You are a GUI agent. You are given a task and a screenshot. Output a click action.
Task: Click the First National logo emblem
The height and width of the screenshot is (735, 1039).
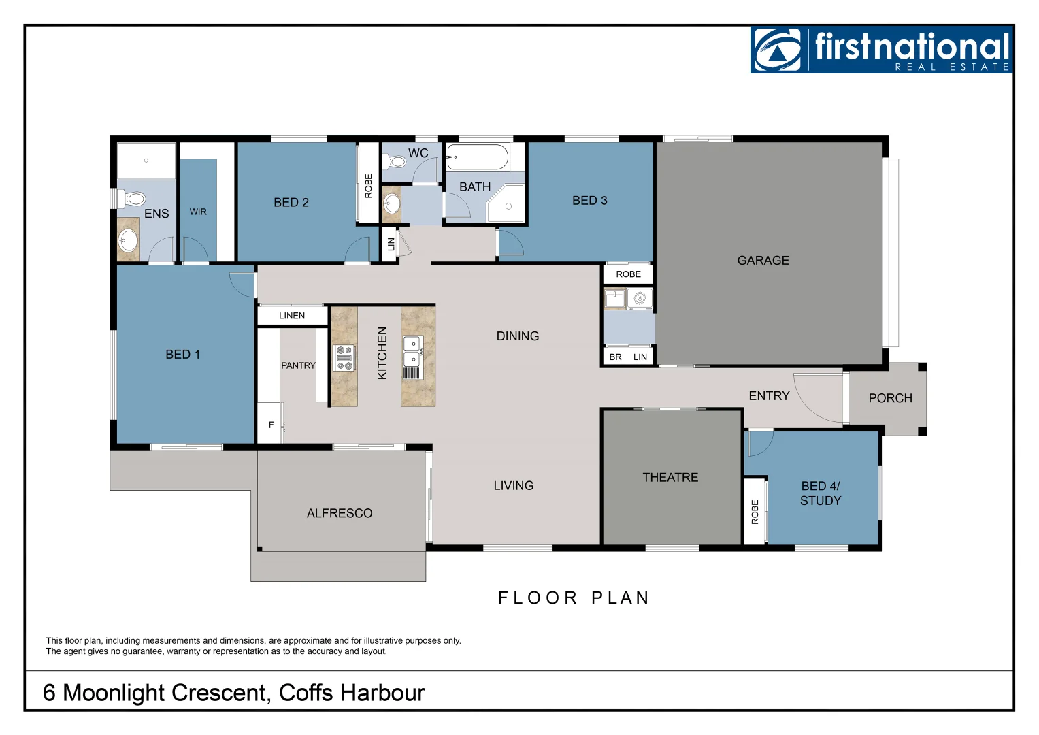778,50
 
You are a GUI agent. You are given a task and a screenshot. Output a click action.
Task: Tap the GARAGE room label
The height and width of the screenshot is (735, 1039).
763,261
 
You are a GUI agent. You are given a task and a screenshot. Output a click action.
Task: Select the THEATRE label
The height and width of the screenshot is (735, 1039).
670,478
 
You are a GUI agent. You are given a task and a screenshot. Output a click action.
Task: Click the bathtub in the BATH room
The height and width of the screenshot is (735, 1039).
478,157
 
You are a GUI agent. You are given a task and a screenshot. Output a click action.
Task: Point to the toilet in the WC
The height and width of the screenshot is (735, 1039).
396,162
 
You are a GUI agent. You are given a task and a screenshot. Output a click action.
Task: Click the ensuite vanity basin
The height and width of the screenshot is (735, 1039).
127,240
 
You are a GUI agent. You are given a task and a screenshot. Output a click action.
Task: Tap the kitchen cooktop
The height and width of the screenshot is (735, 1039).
344,357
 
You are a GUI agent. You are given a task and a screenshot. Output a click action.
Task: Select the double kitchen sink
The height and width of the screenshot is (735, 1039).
412,351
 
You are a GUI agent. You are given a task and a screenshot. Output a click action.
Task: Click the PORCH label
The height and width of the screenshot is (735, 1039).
890,398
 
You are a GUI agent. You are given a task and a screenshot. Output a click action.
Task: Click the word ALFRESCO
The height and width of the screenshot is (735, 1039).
340,514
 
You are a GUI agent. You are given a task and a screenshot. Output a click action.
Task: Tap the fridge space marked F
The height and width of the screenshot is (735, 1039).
271,425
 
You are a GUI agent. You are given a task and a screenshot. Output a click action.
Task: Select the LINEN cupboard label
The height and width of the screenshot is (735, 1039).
292,316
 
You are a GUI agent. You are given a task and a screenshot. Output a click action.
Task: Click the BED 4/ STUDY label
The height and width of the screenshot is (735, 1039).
821,493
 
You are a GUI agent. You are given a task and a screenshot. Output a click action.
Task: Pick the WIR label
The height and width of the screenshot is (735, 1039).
198,212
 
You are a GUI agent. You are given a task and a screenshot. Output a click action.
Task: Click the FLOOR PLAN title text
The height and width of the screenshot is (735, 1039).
574,598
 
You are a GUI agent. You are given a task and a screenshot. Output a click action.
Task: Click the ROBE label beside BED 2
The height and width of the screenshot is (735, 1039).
368,186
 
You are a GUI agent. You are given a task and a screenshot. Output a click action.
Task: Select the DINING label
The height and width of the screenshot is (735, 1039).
517,336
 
